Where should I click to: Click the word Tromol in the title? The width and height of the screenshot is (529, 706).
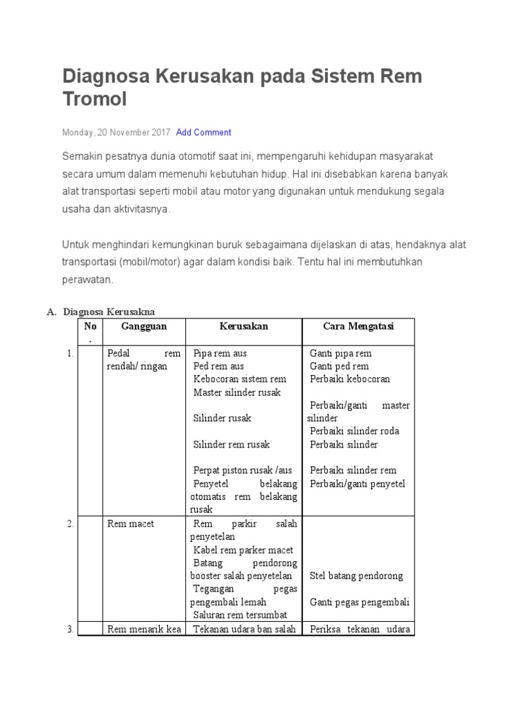95,100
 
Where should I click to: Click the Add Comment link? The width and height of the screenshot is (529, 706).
203,132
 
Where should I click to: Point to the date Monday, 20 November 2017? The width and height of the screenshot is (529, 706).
116,132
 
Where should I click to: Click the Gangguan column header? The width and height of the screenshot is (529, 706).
144,326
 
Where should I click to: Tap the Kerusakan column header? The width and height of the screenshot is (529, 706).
244,326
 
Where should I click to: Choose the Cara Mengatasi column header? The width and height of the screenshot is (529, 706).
358,326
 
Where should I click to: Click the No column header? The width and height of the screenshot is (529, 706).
90,326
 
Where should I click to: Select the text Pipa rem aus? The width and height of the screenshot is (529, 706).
220,353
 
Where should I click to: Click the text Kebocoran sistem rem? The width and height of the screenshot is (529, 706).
240,379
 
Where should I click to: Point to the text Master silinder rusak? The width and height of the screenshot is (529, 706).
237,392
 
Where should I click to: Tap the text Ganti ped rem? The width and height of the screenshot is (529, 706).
339,366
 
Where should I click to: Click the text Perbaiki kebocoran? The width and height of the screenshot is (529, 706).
349,379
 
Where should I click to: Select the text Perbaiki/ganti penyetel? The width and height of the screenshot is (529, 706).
357,483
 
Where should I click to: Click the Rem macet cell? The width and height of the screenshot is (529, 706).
131,524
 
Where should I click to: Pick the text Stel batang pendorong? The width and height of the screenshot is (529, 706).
356,576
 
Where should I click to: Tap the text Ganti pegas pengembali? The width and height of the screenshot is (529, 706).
360,602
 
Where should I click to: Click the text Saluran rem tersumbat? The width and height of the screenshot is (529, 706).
240,615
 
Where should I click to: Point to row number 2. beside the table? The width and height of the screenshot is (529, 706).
71,524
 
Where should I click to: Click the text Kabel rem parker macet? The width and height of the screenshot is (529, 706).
243,550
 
